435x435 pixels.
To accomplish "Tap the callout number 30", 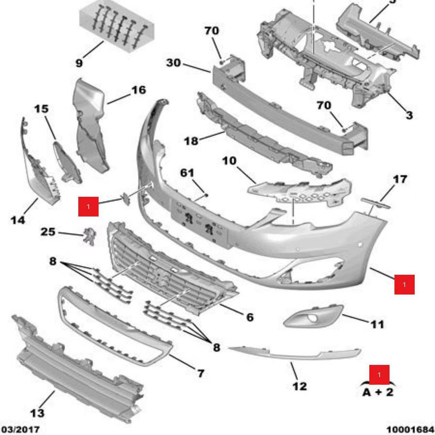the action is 173,63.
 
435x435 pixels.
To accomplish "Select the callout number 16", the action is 139,90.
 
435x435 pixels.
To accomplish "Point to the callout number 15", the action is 41,109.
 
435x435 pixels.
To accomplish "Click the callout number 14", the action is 18,220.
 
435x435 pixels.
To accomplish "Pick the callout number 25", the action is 48,232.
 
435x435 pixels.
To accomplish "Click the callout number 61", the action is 187,173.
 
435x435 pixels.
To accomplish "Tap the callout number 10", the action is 229,161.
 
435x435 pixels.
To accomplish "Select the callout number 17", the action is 400,180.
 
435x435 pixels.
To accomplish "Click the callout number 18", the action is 191,141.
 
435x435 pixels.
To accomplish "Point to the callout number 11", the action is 378,324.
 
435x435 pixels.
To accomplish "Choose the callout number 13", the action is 37,413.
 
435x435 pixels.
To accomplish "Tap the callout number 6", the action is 250,317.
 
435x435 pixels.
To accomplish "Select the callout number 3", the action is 409,115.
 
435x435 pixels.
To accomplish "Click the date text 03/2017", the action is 20,429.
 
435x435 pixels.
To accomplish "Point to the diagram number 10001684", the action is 411,429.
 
